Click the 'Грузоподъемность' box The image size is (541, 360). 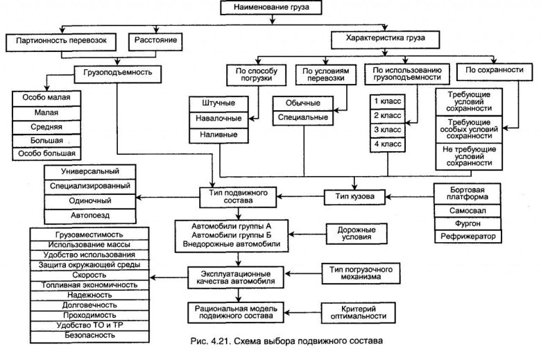click(x=121, y=71)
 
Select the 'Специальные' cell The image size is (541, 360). click(x=303, y=119)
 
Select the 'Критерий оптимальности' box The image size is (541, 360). click(x=357, y=311)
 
